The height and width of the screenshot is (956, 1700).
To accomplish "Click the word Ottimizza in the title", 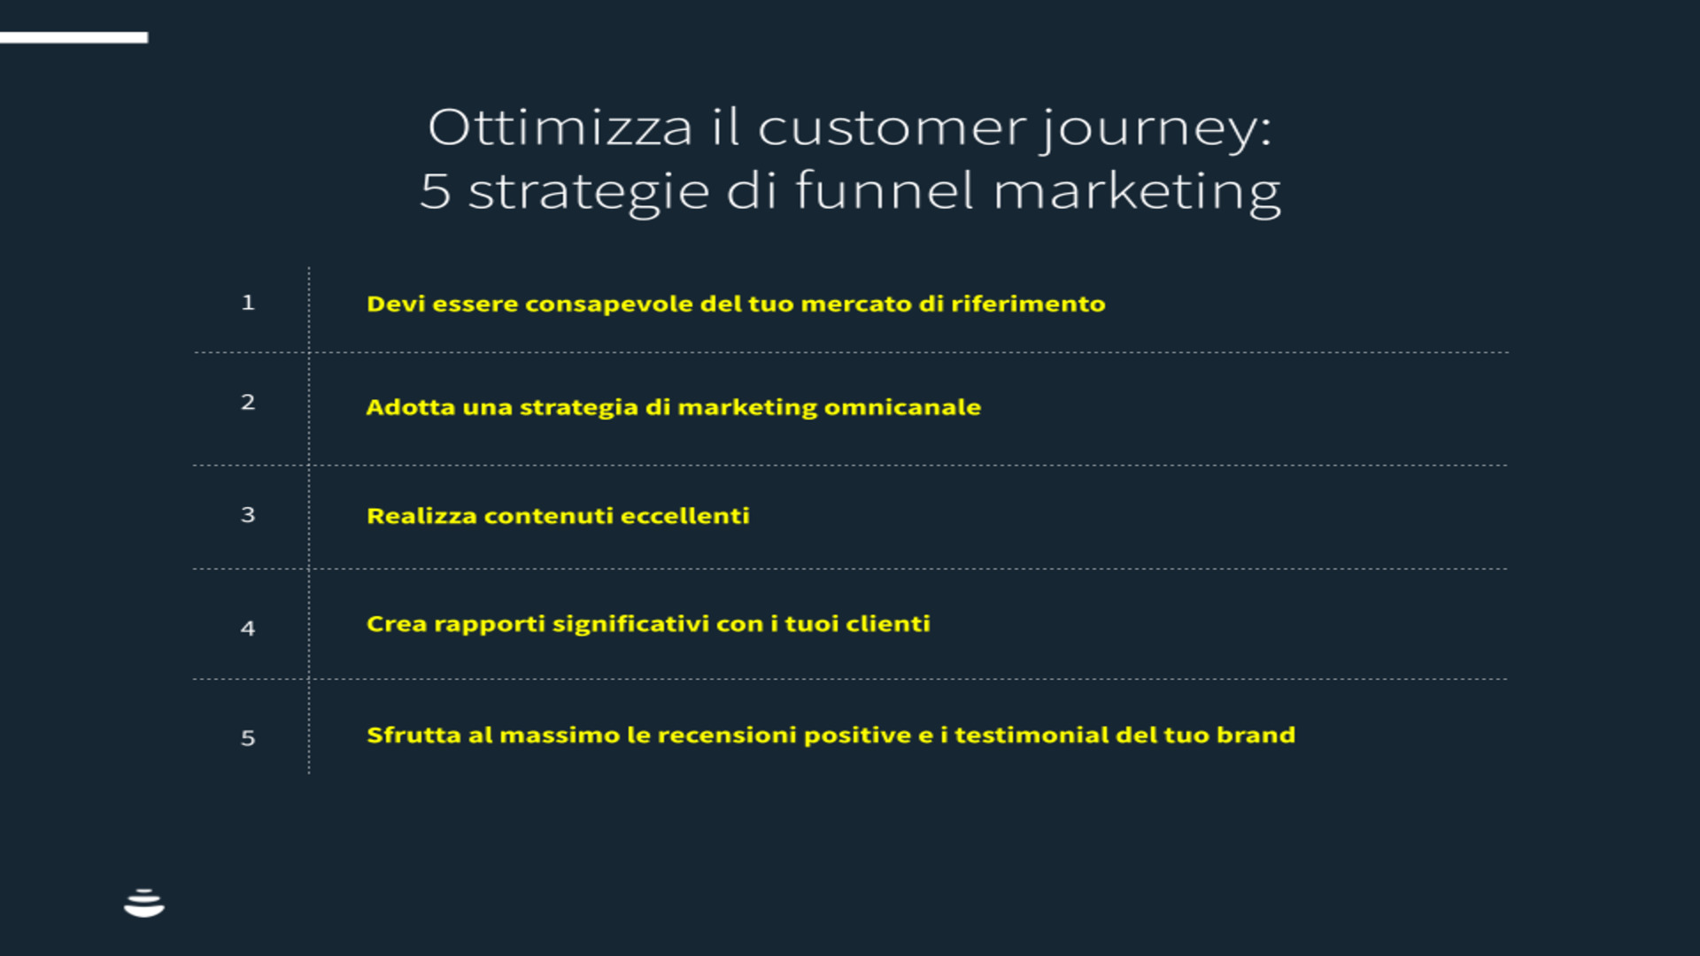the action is pos(560,127).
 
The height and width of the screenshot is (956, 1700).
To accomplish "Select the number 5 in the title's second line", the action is pos(435,191).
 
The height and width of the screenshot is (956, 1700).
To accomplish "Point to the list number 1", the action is pos(248,303).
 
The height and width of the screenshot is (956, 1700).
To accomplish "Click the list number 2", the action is pos(248,402).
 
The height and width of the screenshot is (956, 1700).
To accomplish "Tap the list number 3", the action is pos(248,515).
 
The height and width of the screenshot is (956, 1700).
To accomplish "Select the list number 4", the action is pos(248,628).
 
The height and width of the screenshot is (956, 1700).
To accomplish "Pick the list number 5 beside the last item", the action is pos(248,738).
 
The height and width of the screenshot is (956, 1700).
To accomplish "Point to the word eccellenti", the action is pos(684,516).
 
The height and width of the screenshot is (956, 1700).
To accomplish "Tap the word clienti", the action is pos(888,624).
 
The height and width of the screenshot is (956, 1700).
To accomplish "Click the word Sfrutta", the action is pos(414,736).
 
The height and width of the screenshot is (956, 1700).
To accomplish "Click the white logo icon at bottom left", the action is pos(144,904).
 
